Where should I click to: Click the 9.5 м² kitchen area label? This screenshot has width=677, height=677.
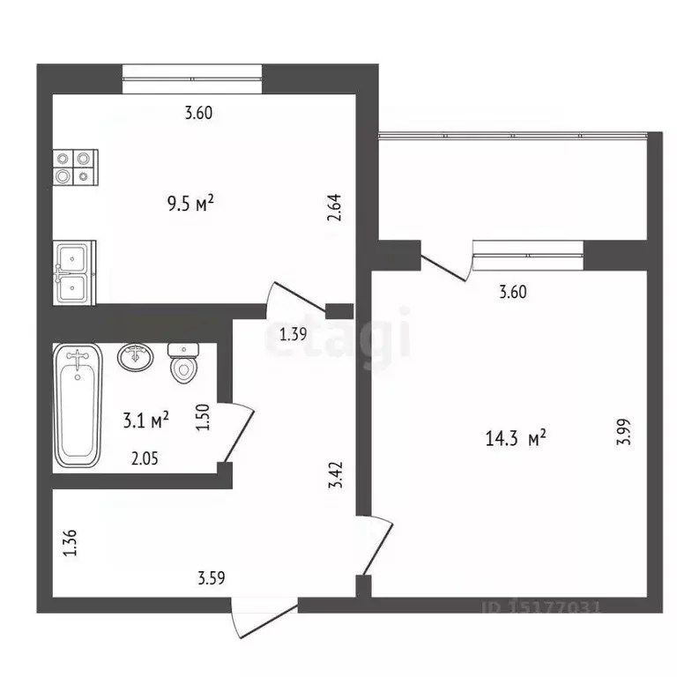[x=191, y=205]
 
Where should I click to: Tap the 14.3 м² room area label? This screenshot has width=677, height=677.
[x=516, y=436]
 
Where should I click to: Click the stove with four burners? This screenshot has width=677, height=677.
[x=73, y=167]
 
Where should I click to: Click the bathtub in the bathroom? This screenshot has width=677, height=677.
[x=77, y=405]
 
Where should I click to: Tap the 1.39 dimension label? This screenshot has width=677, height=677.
[x=293, y=334]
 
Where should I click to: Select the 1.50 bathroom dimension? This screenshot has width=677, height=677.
[x=202, y=416]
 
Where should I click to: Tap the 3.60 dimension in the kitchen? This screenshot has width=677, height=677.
[x=198, y=112]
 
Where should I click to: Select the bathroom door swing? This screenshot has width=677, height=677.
[x=238, y=432]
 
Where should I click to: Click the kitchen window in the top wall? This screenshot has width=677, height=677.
[x=192, y=78]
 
